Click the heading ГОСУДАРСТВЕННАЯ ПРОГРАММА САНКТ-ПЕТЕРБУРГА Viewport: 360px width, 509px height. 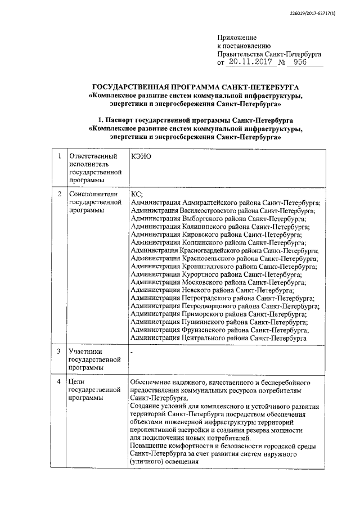[x=196, y=87]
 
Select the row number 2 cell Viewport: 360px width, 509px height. [x=58, y=194]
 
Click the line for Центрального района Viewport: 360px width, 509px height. [x=218, y=338]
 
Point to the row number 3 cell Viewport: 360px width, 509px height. [x=58, y=352]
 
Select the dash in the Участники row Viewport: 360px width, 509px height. [x=132, y=352]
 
